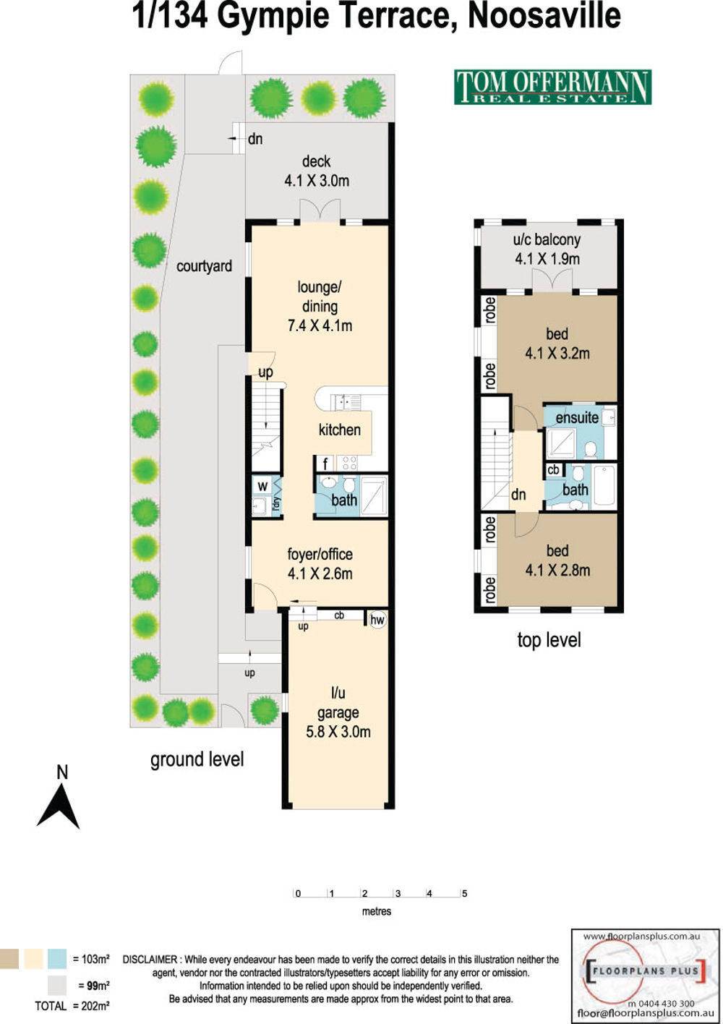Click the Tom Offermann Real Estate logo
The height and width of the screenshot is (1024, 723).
pyautogui.click(x=552, y=87)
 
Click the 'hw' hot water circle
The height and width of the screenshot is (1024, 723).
pyautogui.click(x=377, y=620)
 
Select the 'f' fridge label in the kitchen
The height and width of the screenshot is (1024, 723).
pyautogui.click(x=325, y=464)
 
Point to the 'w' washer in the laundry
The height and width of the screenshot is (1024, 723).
pyautogui.click(x=262, y=486)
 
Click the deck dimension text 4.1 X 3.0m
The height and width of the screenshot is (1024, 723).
pyautogui.click(x=317, y=181)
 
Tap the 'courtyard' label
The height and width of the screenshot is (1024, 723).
pyautogui.click(x=205, y=266)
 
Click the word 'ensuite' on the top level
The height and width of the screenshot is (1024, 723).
pyautogui.click(x=577, y=417)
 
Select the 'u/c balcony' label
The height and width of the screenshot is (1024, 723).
pyautogui.click(x=547, y=240)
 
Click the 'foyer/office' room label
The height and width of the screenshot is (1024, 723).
pyautogui.click(x=320, y=555)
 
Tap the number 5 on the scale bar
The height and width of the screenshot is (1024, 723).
pyautogui.click(x=464, y=893)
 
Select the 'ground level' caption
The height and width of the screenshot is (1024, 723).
pyautogui.click(x=197, y=760)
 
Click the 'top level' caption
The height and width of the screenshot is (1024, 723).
pyautogui.click(x=549, y=640)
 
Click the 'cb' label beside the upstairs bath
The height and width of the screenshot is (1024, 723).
pyautogui.click(x=553, y=470)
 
